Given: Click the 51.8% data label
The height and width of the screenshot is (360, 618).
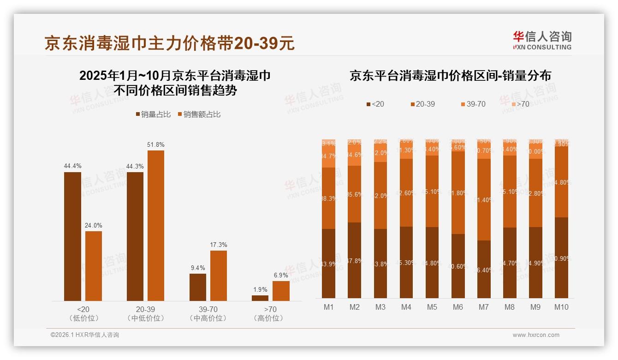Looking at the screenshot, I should [155, 144].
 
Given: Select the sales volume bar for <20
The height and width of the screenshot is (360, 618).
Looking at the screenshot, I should [72, 236].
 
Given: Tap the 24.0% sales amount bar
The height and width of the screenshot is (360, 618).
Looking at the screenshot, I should [94, 266].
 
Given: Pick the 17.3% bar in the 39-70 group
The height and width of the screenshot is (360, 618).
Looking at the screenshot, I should [219, 276].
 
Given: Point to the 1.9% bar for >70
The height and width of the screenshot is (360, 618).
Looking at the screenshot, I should [260, 298].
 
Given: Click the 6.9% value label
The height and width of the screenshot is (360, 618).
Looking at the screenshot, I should [281, 275].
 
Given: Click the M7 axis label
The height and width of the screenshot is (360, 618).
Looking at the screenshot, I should [484, 307].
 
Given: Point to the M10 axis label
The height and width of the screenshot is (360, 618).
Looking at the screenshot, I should [561, 307].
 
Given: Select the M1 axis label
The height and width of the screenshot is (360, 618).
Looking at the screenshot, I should [329, 307].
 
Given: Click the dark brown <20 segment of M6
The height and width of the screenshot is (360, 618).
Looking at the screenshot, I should [458, 266].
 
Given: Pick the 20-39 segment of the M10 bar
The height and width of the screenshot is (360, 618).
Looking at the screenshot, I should [561, 182].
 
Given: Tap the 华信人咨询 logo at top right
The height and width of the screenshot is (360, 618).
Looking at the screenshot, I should [542, 40].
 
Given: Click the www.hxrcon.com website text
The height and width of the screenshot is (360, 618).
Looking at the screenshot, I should [536, 335].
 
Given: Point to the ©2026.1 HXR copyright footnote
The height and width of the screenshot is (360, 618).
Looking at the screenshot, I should [85, 335].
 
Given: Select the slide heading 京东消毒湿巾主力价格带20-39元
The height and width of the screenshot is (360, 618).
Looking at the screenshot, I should [169, 44].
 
